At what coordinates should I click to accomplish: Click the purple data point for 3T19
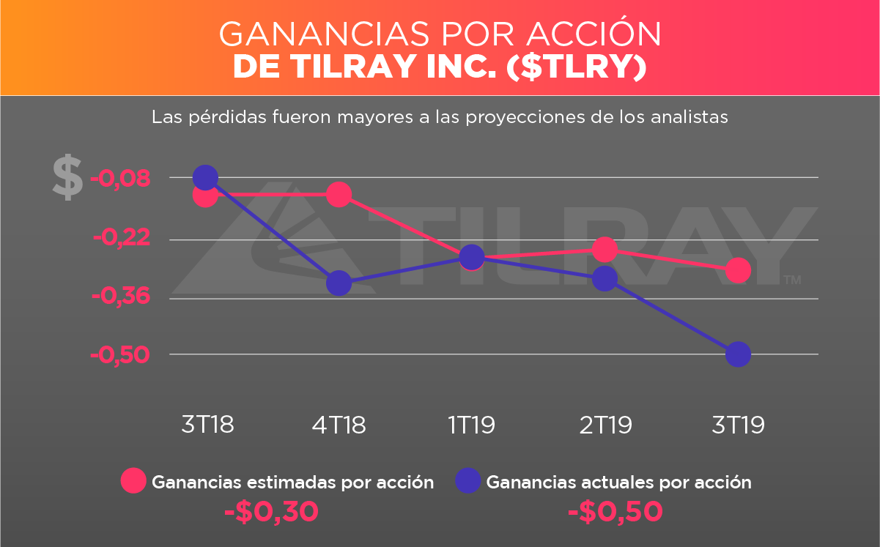point(737,354)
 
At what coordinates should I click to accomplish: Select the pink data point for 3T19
point(737,271)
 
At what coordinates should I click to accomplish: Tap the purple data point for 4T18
point(339,283)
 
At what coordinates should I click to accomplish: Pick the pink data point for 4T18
point(339,195)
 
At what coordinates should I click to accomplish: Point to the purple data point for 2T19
point(604,278)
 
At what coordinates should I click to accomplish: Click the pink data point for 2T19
point(604,250)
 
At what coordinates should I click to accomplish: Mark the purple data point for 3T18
point(205,177)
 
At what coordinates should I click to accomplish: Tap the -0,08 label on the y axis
point(119,178)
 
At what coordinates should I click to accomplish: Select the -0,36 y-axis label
point(119,297)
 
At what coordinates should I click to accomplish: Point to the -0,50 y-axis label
point(119,355)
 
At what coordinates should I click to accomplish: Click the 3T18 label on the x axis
point(207,425)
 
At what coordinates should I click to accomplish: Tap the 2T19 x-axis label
point(605,425)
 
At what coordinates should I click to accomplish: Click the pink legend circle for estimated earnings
point(134,481)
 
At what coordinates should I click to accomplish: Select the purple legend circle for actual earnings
point(468,481)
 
